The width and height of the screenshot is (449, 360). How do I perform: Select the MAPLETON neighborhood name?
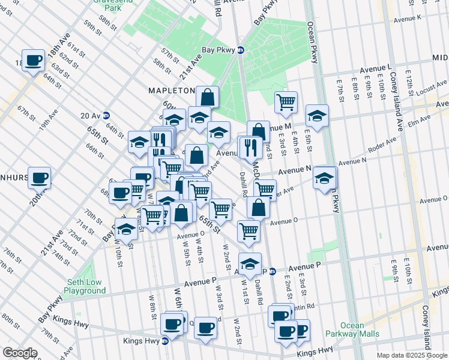coord(172,91)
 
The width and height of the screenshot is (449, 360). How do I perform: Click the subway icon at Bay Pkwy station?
coord(241,50)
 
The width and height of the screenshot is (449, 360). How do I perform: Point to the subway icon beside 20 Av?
coord(106,115)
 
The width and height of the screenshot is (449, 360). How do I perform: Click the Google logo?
coord(19,353)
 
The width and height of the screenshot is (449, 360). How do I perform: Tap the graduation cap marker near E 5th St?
coord(317,115)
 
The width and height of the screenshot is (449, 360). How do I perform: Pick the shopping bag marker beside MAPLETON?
coord(207,97)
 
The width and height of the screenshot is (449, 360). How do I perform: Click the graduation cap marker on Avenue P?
coord(250,263)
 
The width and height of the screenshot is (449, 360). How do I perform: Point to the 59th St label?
coord(94,28)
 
